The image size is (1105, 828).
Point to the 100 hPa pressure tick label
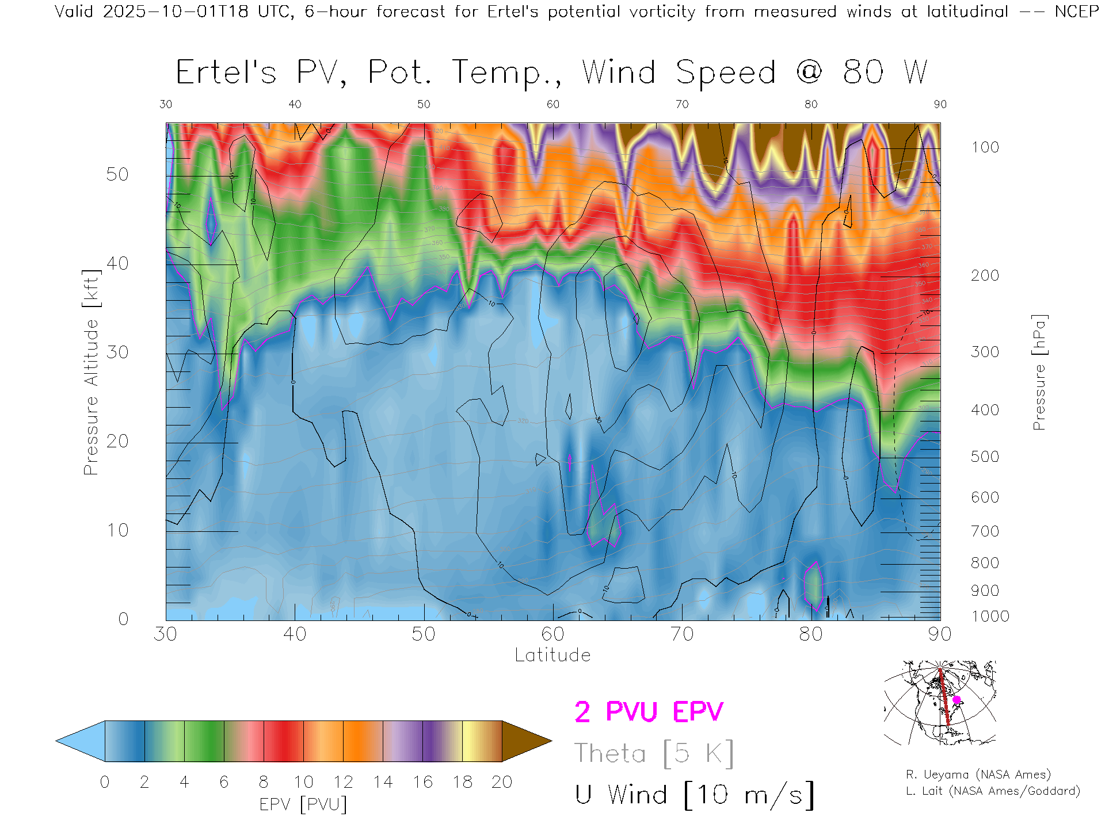[x=985, y=147]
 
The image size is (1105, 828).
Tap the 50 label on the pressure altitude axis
[x=117, y=174]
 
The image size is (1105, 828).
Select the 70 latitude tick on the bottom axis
[x=682, y=634]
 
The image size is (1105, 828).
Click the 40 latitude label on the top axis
[x=295, y=104]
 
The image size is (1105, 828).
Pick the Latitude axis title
[x=552, y=655]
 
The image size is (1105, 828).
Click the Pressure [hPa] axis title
[x=1039, y=373]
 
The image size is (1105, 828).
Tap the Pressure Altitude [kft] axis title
[x=91, y=373]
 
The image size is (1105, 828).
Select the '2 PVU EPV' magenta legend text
[x=649, y=712]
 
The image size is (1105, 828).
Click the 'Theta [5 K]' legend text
[x=654, y=753]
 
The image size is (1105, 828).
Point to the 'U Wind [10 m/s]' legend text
[x=694, y=795]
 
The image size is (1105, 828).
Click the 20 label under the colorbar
[x=502, y=782]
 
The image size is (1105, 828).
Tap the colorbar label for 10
[x=303, y=782]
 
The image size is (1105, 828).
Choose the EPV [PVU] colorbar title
[x=303, y=804]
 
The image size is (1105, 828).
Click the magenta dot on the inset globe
[x=957, y=700]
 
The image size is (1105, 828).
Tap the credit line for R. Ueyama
[x=978, y=775]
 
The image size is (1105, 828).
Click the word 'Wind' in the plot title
[x=619, y=73]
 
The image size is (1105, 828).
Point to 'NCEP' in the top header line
[x=1076, y=11]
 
